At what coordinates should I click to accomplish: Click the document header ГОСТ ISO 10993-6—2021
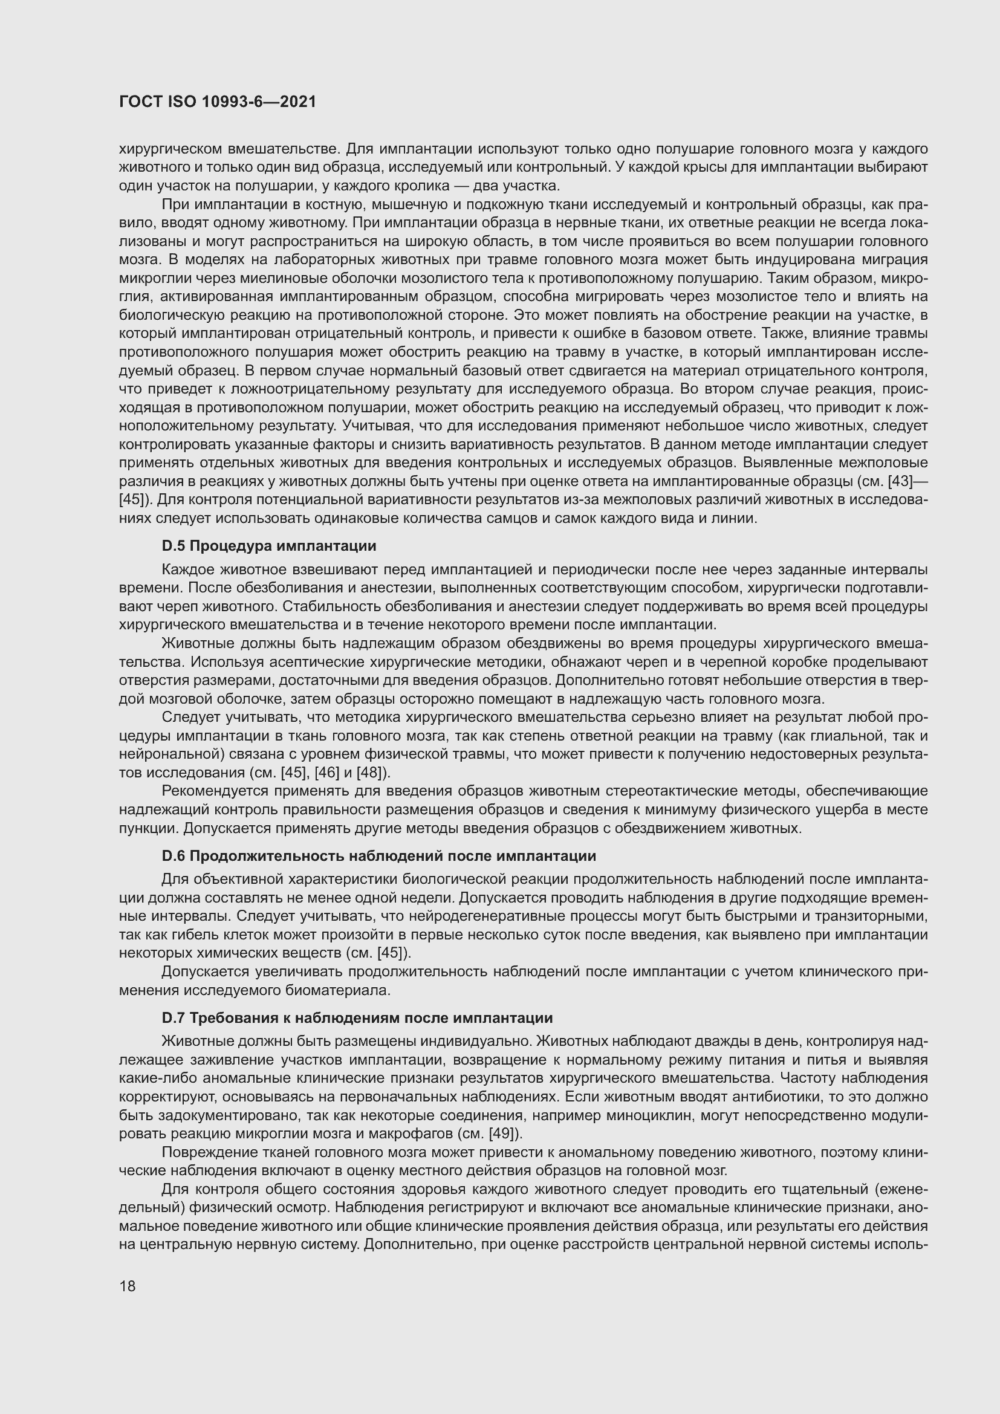click(x=218, y=102)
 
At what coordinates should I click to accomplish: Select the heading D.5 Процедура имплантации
click(x=268, y=546)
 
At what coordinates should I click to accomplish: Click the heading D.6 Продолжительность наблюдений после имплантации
click(x=378, y=856)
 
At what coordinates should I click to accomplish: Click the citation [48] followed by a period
click(x=372, y=771)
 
